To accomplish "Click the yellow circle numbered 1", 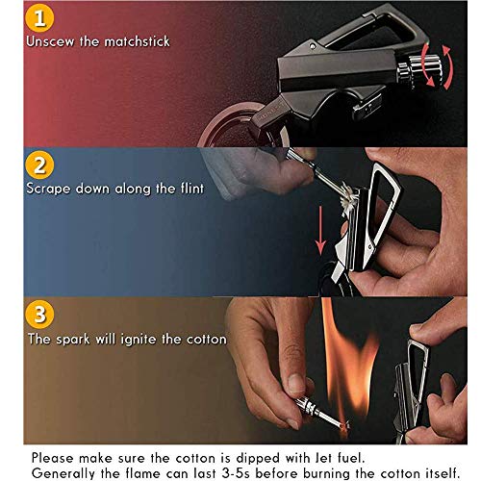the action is coord(39,18).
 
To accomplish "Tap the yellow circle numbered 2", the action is coord(39,165).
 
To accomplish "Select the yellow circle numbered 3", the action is coord(39,315).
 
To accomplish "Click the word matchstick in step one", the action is coord(137,41).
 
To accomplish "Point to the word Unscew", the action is coord(50,41).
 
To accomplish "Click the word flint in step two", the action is coord(192,188).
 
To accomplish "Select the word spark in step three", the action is coord(73,340).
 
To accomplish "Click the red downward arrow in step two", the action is coord(320,231).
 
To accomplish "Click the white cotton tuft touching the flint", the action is coord(348,198).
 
